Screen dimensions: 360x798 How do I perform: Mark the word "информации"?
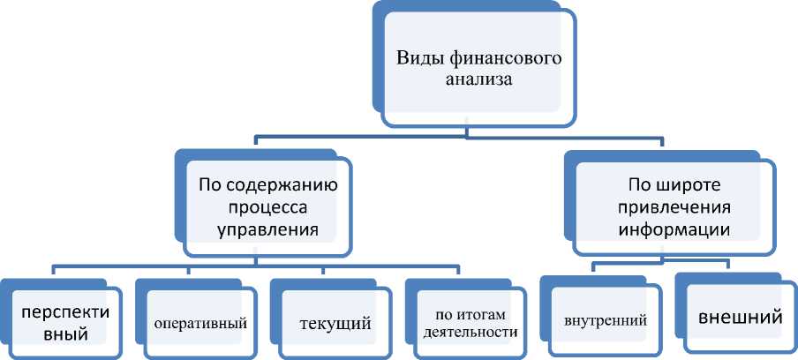tap(673, 230)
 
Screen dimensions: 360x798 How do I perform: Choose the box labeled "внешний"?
tap(740, 315)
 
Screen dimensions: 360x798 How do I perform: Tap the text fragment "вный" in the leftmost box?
tap(44, 335)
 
